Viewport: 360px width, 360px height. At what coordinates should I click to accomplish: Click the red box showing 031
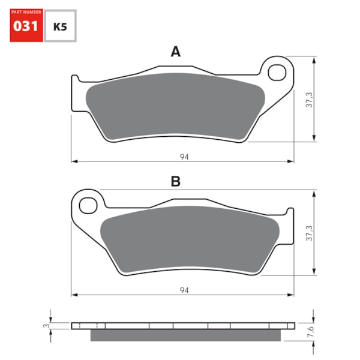pos(26,26)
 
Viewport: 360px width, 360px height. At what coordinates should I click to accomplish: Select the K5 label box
pos(61,26)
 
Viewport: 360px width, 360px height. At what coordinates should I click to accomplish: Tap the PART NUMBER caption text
pos(26,11)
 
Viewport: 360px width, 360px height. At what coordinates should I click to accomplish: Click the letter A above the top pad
pos(175,52)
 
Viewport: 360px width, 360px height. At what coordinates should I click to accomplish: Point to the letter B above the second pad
pos(175,182)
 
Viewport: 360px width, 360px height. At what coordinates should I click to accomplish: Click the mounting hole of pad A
pos(277,73)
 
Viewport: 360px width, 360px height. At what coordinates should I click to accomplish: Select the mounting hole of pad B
pos(89,204)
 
